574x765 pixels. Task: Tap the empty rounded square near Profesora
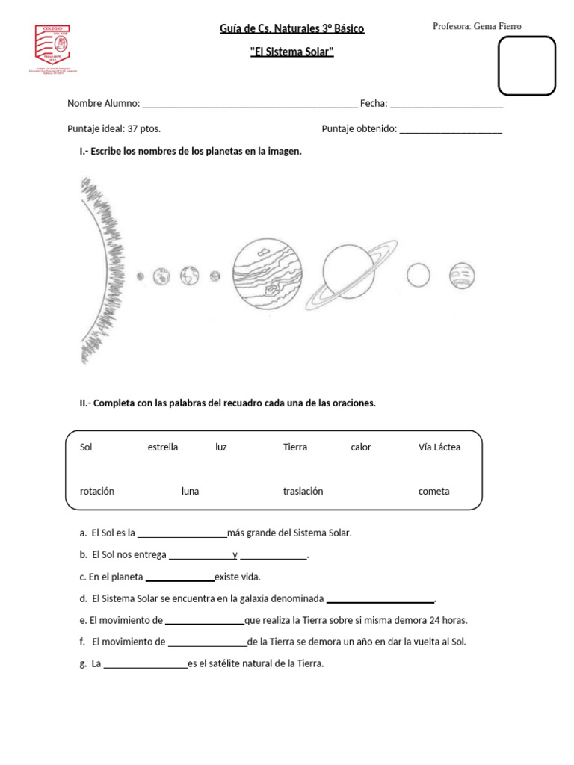click(527, 66)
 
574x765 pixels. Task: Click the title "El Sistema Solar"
click(291, 52)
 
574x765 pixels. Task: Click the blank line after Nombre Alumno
click(250, 105)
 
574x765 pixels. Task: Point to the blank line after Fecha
click(446, 105)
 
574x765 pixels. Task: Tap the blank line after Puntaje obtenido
click(451, 129)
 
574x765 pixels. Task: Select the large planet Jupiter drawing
click(267, 276)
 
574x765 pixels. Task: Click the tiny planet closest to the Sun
click(140, 276)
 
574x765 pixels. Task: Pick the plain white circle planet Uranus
click(419, 276)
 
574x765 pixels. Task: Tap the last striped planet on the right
click(463, 276)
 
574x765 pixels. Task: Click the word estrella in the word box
click(163, 447)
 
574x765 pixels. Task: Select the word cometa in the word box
click(434, 492)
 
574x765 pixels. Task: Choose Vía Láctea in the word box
click(439, 447)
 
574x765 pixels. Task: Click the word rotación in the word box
click(97, 492)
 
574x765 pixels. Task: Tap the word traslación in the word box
click(303, 492)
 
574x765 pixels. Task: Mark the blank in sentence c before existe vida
click(179, 578)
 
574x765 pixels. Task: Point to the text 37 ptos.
click(144, 129)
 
